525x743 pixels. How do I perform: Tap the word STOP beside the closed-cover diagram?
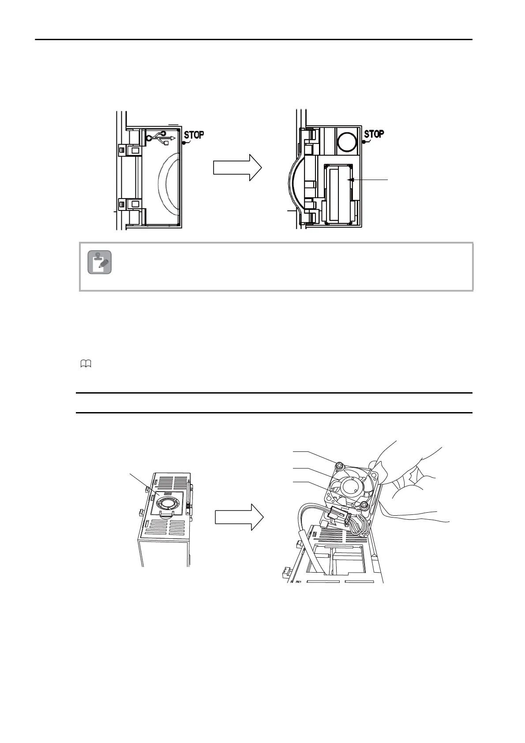[194, 134]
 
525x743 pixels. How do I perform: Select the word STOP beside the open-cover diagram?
[374, 133]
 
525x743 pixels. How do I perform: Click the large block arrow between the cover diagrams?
[237, 168]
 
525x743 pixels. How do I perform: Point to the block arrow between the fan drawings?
[240, 517]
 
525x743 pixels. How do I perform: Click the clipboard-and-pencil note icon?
[99, 263]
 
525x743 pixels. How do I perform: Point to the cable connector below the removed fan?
[341, 514]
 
